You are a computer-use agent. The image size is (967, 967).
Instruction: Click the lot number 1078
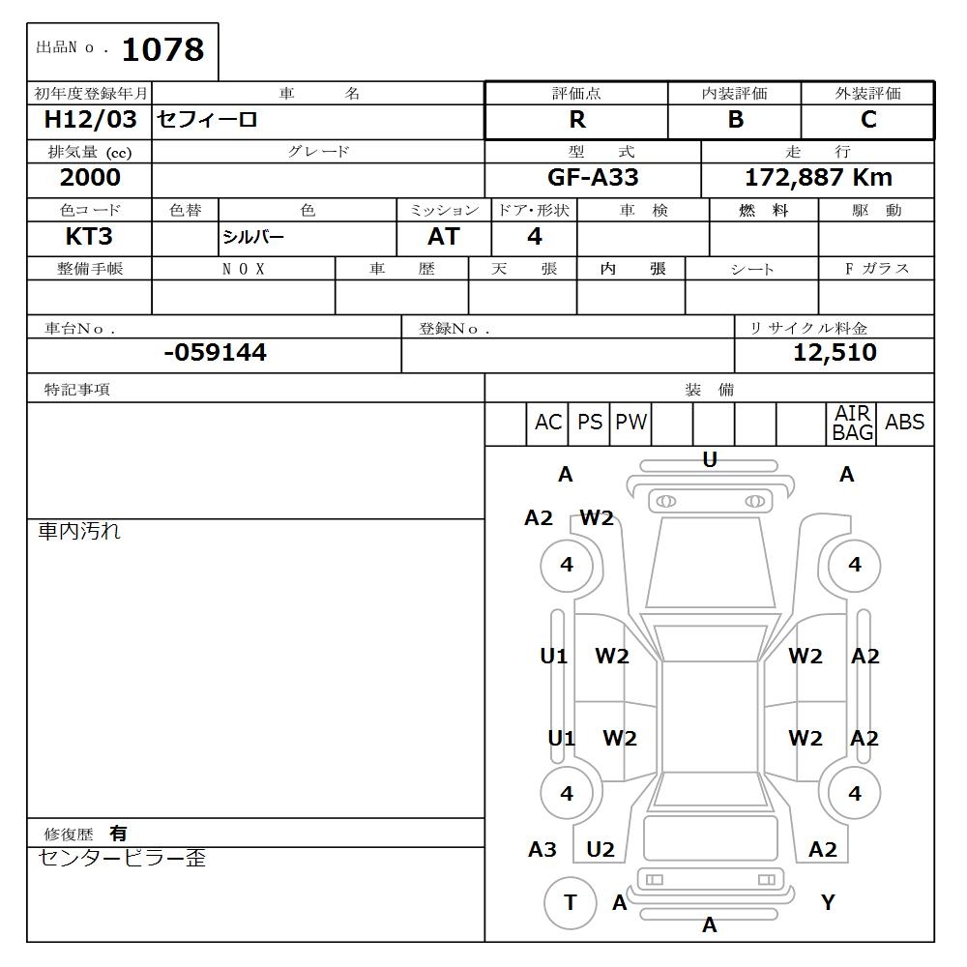(162, 49)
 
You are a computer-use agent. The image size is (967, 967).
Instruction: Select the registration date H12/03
(91, 120)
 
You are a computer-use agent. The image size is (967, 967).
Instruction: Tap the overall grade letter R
(577, 120)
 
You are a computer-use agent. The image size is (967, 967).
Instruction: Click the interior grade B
(735, 120)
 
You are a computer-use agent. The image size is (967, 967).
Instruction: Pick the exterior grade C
(868, 120)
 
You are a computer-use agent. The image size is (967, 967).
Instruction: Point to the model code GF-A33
(593, 178)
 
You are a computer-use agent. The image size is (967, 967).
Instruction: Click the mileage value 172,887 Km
(818, 178)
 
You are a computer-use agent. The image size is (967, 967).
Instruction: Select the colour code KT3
(90, 237)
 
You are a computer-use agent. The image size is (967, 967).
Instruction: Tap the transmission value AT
(443, 237)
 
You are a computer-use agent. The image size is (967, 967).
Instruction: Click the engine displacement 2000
(90, 178)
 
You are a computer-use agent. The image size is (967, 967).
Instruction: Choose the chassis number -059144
(215, 353)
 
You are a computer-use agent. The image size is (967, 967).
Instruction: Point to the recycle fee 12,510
(835, 353)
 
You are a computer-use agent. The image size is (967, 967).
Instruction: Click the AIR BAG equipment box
(852, 424)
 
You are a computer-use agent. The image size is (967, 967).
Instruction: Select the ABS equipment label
(904, 423)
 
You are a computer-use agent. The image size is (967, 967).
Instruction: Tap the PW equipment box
(630, 423)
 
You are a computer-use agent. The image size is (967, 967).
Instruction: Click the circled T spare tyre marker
(570, 903)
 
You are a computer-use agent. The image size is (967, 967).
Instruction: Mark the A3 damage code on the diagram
(542, 850)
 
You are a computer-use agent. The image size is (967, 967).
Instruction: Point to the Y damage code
(828, 903)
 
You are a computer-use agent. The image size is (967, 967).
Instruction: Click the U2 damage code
(601, 850)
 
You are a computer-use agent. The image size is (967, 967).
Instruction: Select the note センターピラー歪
(122, 858)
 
